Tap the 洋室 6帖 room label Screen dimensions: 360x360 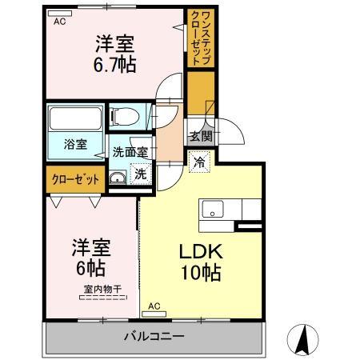[90, 257]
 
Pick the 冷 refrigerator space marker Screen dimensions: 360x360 [200, 160]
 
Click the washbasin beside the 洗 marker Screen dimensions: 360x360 [118, 178]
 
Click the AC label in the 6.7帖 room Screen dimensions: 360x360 [59, 22]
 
